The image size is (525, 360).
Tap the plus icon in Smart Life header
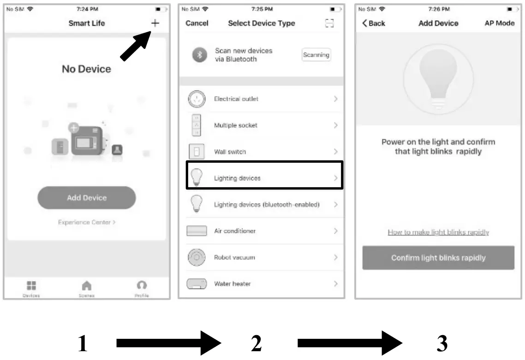tap(155, 23)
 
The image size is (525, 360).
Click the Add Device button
tap(87, 198)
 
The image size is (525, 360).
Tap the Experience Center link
tap(87, 222)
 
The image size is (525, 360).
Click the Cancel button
tap(197, 23)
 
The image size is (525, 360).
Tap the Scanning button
tap(316, 55)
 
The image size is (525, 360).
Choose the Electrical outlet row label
tap(236, 99)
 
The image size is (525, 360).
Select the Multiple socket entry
tap(236, 125)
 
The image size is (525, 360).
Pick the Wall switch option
tap(230, 152)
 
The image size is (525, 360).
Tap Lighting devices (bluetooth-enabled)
tap(267, 204)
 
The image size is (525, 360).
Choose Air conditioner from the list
tap(235, 231)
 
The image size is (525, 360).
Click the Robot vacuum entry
tap(234, 257)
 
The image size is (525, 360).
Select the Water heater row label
tap(232, 284)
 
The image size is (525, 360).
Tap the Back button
tap(374, 23)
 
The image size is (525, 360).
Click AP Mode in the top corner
tap(500, 23)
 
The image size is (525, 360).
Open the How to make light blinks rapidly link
tap(438, 232)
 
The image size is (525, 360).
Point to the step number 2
tap(256, 343)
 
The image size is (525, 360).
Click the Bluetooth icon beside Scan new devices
tap(199, 55)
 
